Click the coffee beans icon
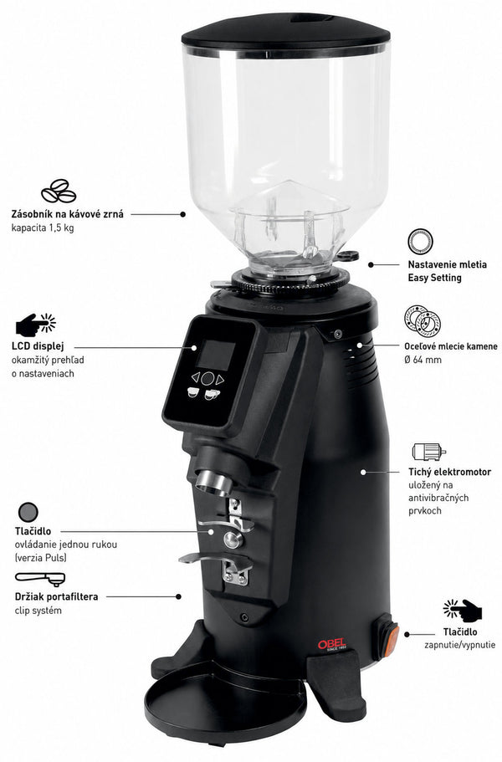(x=59, y=191)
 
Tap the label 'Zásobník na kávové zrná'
(x=68, y=214)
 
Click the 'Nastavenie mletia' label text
(x=447, y=265)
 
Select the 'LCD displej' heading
(x=38, y=346)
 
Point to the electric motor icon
(x=428, y=452)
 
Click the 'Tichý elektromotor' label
(x=449, y=472)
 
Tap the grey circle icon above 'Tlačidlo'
(x=28, y=512)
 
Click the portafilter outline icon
(x=40, y=578)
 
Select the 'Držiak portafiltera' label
(x=56, y=596)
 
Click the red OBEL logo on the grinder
(x=332, y=644)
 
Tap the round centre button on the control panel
(x=207, y=378)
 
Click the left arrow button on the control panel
(x=195, y=376)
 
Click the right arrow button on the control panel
(x=220, y=380)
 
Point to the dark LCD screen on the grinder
(x=217, y=355)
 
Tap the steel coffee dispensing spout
(x=214, y=483)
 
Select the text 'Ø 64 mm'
(x=423, y=361)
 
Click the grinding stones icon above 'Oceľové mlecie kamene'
(x=423, y=321)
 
